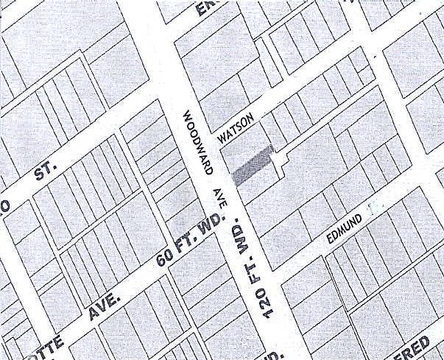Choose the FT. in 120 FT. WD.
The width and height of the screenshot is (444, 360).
(254, 269)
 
